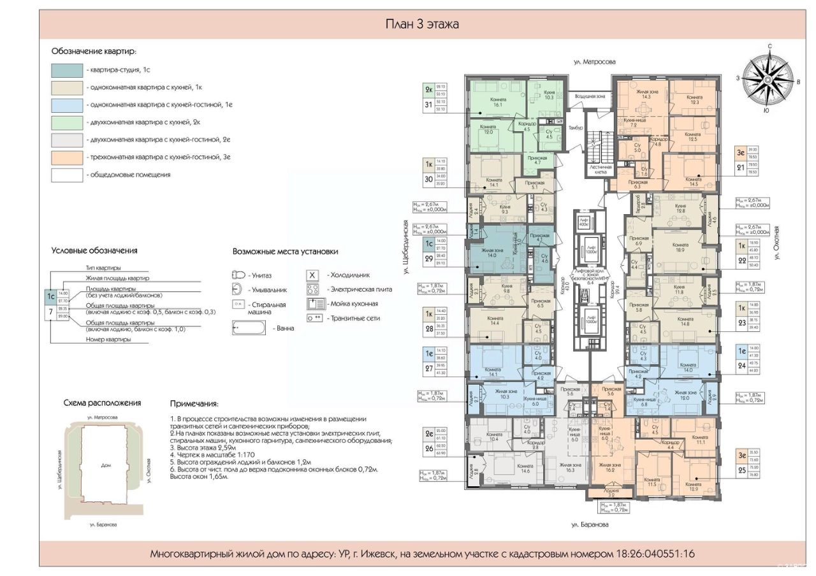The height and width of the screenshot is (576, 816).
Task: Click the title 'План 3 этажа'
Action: [422, 25]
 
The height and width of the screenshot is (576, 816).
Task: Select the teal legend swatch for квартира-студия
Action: [67, 71]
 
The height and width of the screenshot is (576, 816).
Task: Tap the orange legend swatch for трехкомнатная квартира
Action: [67, 157]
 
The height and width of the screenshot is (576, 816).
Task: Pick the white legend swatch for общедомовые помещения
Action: [67, 175]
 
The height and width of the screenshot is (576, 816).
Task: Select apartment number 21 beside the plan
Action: [741, 168]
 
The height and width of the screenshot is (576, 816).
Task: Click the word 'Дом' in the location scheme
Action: [106, 465]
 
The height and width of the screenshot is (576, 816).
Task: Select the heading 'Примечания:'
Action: [194, 404]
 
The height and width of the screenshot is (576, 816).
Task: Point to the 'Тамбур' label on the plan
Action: [576, 128]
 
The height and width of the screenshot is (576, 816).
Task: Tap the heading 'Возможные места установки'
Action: [285, 252]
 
